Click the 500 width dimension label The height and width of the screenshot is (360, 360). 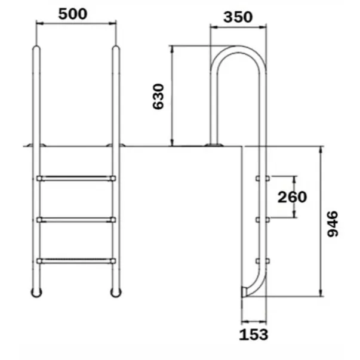[76, 14]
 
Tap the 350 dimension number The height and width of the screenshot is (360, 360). [238, 17]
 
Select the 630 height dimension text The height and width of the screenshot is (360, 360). [159, 96]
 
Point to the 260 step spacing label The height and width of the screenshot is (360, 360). [292, 197]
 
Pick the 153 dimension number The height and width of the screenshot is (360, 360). [253, 334]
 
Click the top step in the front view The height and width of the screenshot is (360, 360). [76, 178]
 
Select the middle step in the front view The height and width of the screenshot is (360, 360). [76, 220]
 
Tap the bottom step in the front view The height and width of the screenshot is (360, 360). [76, 260]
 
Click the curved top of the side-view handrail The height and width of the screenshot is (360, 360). [238, 51]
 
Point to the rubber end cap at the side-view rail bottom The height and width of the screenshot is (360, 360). [244, 291]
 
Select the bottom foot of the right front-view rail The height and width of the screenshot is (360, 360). [114, 292]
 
